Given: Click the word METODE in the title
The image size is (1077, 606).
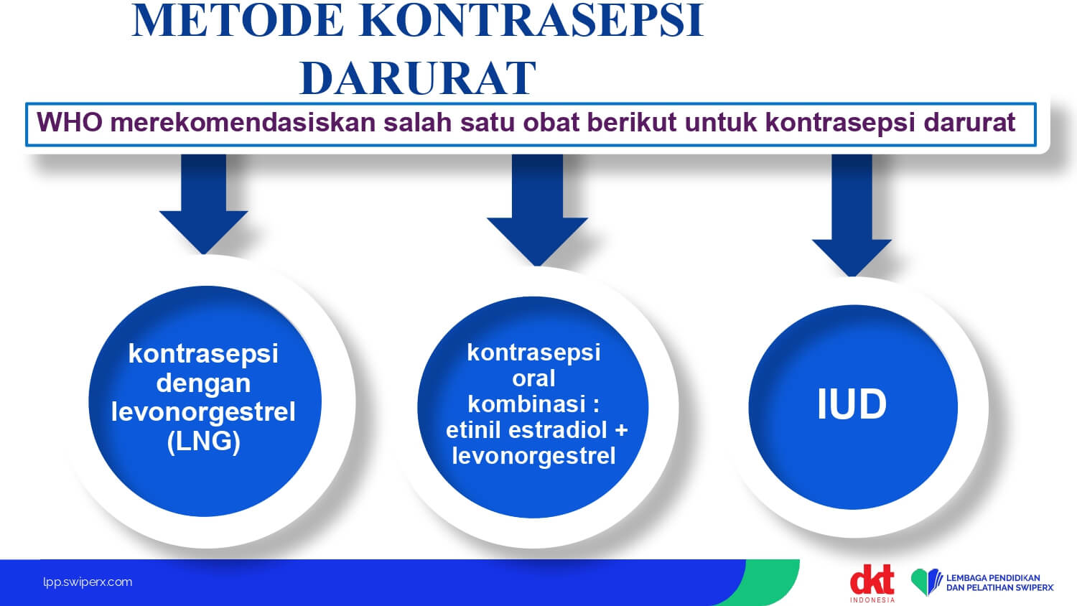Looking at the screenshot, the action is point(238,20).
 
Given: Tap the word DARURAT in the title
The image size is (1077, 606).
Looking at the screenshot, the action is point(418,78).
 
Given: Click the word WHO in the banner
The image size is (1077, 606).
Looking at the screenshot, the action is point(70,122).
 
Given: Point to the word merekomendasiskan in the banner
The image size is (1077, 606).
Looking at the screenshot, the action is point(243,122).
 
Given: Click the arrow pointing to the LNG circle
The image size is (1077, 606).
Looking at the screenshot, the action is point(204,204).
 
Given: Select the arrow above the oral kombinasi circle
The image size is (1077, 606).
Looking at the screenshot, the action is point(537,210).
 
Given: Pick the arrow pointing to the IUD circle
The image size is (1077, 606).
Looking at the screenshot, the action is point(852,215).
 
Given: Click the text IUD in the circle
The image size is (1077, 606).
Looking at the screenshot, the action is point(852,404).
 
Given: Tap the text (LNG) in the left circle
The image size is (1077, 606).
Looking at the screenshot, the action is point(203,442).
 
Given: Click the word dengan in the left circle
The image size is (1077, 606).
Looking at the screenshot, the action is point(203,384).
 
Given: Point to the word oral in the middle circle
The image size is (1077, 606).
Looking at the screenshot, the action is point(533,378).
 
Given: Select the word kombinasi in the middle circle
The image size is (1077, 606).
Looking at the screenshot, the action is point(527,404).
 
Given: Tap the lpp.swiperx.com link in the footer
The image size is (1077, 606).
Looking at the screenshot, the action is point(88,582).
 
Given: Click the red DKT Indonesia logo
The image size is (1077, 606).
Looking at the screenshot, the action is point(872,584).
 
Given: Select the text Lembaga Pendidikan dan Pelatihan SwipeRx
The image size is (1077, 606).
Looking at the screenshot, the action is point(1000,582).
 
